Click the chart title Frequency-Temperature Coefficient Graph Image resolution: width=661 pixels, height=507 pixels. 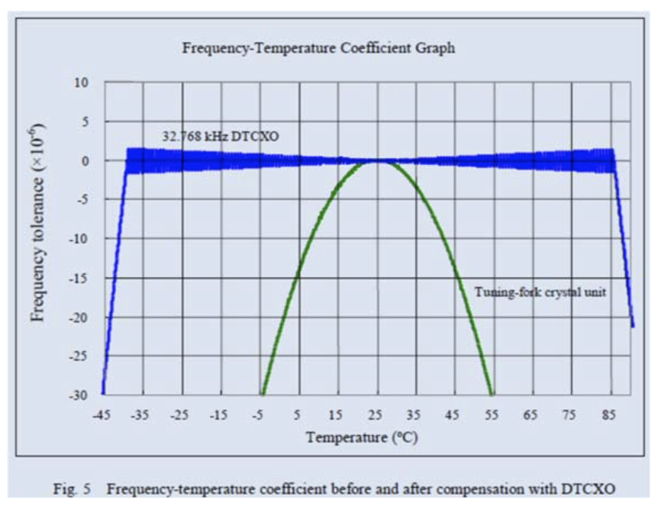coord(318,48)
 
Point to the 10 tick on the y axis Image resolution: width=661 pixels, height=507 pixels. coord(82,82)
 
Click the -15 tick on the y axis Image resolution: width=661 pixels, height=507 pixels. coord(79,277)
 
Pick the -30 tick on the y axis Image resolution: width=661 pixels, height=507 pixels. coord(79,395)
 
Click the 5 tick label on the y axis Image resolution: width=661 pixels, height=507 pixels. coord(85,121)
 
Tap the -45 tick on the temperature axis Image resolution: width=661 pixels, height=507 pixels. coord(102,415)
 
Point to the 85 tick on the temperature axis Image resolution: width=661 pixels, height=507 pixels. coord(610,415)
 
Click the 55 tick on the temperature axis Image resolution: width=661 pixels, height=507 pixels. coord(492,415)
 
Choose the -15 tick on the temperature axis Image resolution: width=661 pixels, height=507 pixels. coord(219,415)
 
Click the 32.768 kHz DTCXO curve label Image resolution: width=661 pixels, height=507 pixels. coord(211,137)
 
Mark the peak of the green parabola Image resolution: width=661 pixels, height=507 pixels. coord(377,161)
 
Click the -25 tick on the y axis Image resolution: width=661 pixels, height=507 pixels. coord(79,356)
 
